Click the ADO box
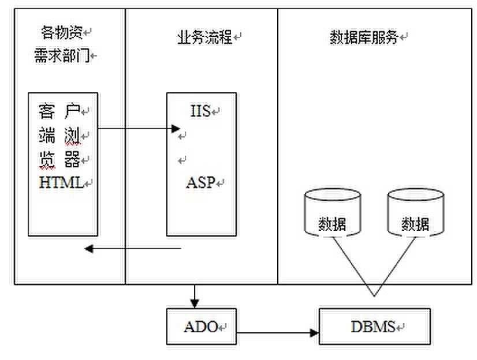202,327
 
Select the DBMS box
375,327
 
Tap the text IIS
200,111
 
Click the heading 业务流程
204,37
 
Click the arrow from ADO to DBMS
277,333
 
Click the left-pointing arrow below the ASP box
133,249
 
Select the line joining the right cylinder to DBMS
396,265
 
